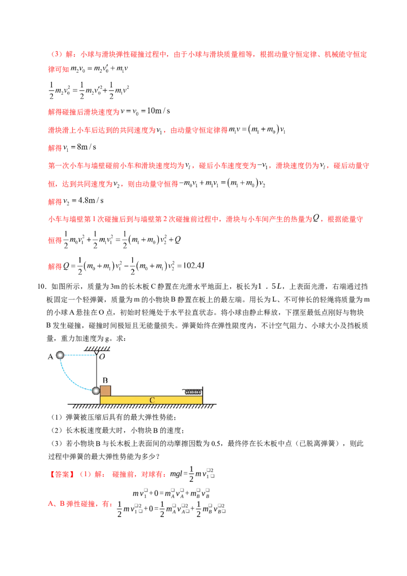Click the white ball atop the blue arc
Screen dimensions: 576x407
60,355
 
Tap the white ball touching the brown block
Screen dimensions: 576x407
96,391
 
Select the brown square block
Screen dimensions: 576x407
106,391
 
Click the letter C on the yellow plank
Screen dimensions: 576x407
152,400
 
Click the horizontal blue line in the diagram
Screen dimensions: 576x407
79,357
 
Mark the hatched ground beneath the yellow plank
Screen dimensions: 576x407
142,408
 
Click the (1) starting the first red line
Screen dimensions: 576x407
56,54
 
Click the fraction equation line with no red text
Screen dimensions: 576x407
86,90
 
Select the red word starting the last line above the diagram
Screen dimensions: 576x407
54,266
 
